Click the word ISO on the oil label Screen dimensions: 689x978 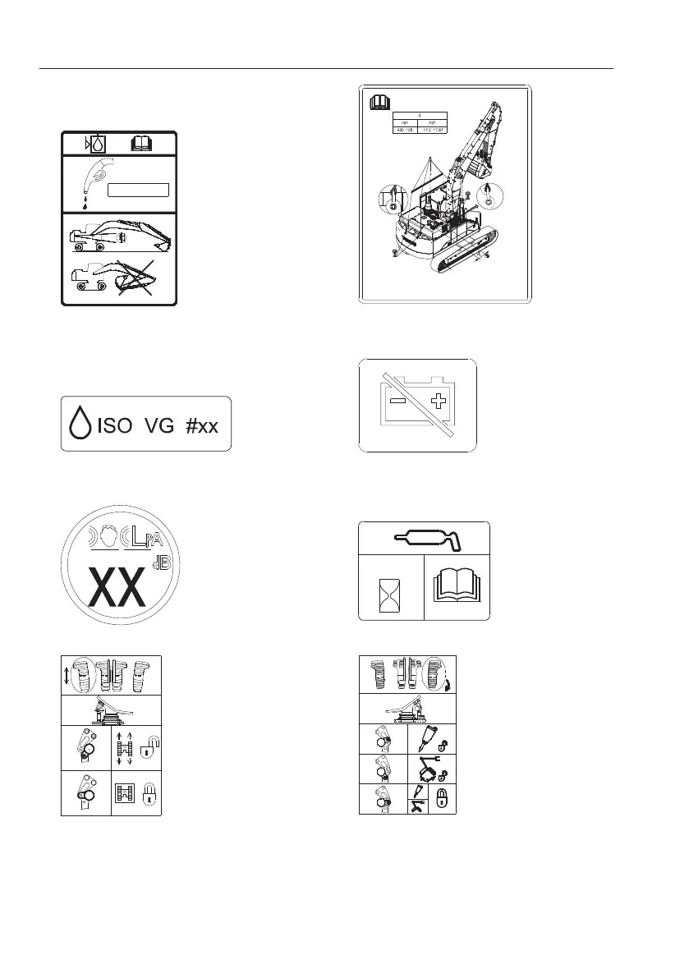pyautogui.click(x=116, y=425)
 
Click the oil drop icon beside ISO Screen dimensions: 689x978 pyautogui.click(x=80, y=425)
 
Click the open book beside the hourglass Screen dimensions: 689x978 pyautogui.click(x=456, y=587)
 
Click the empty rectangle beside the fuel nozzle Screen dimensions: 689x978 pyautogui.click(x=138, y=191)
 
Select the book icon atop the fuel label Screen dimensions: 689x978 pyautogui.click(x=144, y=144)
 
